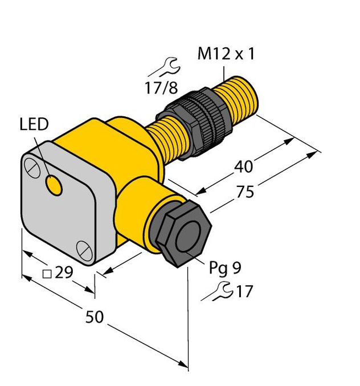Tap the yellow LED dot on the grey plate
coord(55,185)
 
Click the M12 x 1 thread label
coord(226,55)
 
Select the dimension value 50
coord(95,317)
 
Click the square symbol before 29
coord(48,274)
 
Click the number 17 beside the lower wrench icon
coord(243,292)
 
